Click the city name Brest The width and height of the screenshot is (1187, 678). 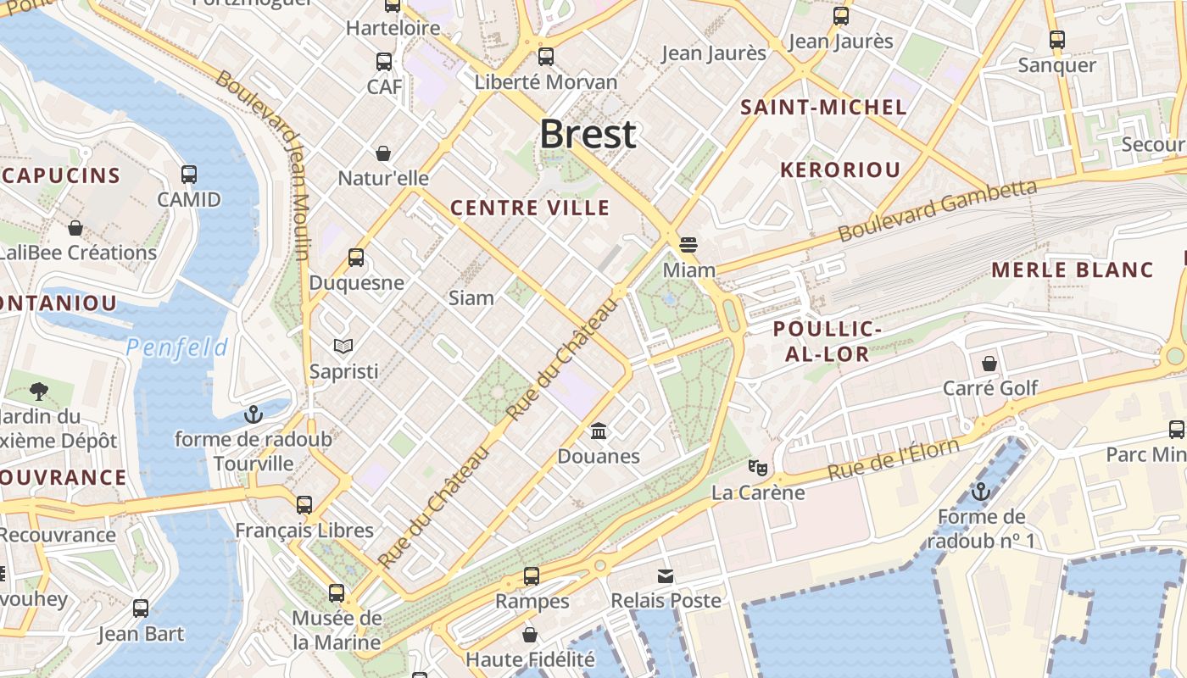pyautogui.click(x=588, y=134)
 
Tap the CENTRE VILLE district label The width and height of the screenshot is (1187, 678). pyautogui.click(x=530, y=208)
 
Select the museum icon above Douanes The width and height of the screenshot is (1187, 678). pyautogui.click(x=599, y=431)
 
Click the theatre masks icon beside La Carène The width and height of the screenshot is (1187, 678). pyautogui.click(x=757, y=467)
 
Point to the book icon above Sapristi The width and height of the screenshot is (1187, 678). pyautogui.click(x=343, y=346)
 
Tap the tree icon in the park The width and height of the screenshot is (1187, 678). pyautogui.click(x=38, y=391)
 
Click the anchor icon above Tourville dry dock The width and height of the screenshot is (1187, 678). pyautogui.click(x=253, y=414)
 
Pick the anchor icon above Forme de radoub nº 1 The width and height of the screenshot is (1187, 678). pyautogui.click(x=981, y=492)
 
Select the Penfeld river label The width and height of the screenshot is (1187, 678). pyautogui.click(x=177, y=347)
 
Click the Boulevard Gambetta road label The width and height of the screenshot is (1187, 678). pyautogui.click(x=937, y=210)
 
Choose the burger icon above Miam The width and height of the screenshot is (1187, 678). pyautogui.click(x=688, y=245)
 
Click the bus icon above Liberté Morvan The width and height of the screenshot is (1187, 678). pyautogui.click(x=546, y=57)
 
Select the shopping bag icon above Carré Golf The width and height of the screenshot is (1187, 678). pyautogui.click(x=989, y=364)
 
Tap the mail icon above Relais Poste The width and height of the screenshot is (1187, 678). pyautogui.click(x=666, y=576)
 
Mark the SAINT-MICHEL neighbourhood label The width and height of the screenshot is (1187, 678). pyautogui.click(x=823, y=108)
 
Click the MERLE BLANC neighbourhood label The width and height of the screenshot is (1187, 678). pyautogui.click(x=1073, y=270)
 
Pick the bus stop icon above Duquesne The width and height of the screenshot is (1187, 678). pyautogui.click(x=356, y=258)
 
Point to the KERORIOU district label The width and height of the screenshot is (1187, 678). pyautogui.click(x=839, y=169)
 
